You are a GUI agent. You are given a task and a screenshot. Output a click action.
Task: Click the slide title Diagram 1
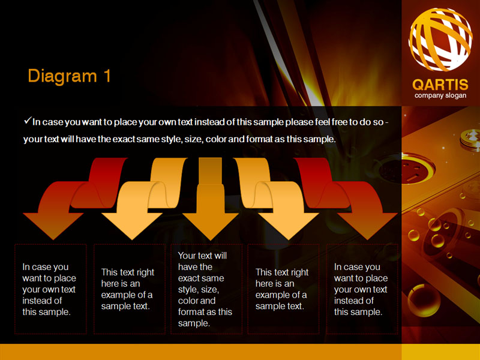pos(69,76)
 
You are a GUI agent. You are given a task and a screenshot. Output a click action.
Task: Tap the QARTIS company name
pos(440,85)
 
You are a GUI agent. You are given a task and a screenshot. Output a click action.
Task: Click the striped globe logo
pos(440,39)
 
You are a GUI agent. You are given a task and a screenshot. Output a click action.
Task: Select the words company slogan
pos(440,95)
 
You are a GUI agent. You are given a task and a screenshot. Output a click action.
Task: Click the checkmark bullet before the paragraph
pos(28,121)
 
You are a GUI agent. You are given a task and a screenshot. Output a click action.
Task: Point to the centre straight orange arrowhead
pos(211,226)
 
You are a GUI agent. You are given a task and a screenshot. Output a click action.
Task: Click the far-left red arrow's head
pos(53,226)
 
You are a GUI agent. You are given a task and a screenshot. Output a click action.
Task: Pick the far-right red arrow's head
pos(367,226)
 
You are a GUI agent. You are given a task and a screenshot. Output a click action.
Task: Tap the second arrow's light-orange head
pos(132,226)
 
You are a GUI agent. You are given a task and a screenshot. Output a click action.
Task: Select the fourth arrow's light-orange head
pos(289,226)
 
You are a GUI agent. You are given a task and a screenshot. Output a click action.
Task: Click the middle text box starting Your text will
pos(206,289)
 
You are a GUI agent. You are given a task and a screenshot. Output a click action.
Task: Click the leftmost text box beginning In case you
pos(50,289)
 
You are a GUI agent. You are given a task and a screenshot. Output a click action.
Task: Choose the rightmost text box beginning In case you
pos(362,289)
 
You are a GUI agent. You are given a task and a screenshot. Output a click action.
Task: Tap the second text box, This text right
pos(130,289)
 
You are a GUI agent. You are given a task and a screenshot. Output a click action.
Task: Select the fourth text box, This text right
pos(283,289)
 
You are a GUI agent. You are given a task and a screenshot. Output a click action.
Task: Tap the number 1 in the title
pos(107,76)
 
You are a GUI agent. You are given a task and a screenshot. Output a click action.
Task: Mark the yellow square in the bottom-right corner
pos(441,352)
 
